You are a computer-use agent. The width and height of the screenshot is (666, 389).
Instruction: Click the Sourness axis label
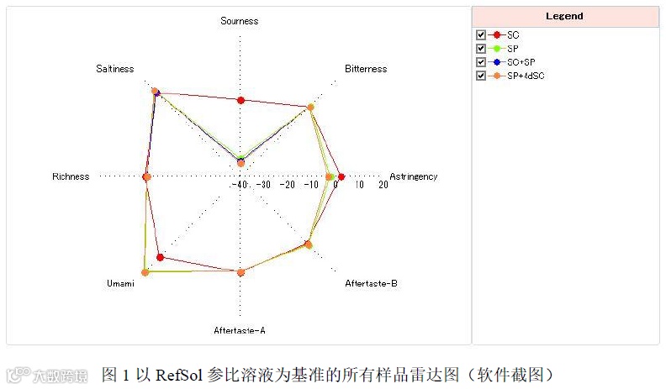pos(240,21)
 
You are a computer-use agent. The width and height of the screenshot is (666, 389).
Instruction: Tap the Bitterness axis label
pos(366,69)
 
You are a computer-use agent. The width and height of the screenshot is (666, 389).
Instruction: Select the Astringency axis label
pos(413,176)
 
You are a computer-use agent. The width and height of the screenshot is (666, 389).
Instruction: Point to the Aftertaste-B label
pos(371,284)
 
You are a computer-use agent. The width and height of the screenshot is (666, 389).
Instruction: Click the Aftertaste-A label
pos(240,330)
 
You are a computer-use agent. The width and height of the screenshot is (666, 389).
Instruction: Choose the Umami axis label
pos(120,284)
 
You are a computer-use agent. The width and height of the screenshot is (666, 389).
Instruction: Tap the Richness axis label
pos(71,176)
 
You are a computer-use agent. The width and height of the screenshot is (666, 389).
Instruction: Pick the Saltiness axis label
pos(114,69)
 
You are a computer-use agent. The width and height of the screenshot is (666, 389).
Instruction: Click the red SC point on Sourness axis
pos(241,101)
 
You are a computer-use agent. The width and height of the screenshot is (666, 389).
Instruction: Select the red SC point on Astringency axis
pos(341,176)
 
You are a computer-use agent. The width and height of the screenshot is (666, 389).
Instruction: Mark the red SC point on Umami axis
pos(161,256)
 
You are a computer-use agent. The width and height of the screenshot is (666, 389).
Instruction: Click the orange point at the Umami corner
pos(145,272)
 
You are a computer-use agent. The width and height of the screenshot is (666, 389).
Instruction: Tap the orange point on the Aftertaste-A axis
pos(241,271)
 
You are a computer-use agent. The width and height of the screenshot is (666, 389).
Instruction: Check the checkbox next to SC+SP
pos(481,62)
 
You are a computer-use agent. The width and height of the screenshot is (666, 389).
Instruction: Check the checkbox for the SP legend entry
pos(481,49)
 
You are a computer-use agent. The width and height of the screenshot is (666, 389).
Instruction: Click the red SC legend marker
pos(497,34)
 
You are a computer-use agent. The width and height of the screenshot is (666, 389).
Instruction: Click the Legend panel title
pos(564,16)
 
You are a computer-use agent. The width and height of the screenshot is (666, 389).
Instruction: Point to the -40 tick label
pos(240,186)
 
